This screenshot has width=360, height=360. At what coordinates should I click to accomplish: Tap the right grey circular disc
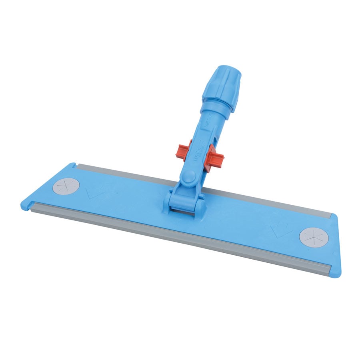point(314,236)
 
